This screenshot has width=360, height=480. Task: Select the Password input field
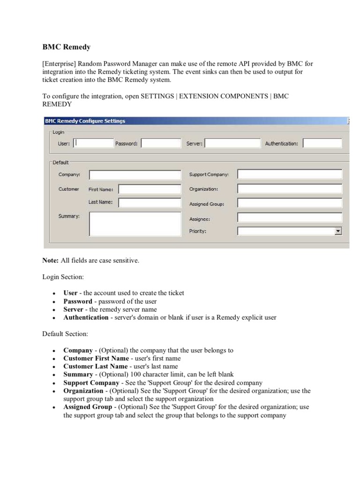[x=160, y=143]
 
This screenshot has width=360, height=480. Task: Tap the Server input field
[x=232, y=143]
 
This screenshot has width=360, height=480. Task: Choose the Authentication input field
[x=323, y=143]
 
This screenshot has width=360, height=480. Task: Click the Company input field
[x=135, y=175]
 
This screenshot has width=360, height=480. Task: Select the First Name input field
[x=149, y=189]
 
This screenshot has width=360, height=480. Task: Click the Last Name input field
[x=149, y=203]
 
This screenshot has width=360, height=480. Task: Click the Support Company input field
[x=290, y=174]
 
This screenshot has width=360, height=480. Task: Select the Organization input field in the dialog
[x=290, y=189]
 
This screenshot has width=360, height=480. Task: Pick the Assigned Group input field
[x=290, y=203]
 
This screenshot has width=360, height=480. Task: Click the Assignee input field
[x=290, y=218]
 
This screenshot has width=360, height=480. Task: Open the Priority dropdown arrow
[x=338, y=231]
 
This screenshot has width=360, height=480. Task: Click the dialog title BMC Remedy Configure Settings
[x=85, y=121]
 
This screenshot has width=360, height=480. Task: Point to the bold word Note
[x=50, y=261]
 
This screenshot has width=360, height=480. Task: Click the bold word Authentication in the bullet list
[x=86, y=317]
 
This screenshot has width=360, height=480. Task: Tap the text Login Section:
[x=63, y=277]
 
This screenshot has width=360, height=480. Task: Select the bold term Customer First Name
[x=95, y=358]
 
